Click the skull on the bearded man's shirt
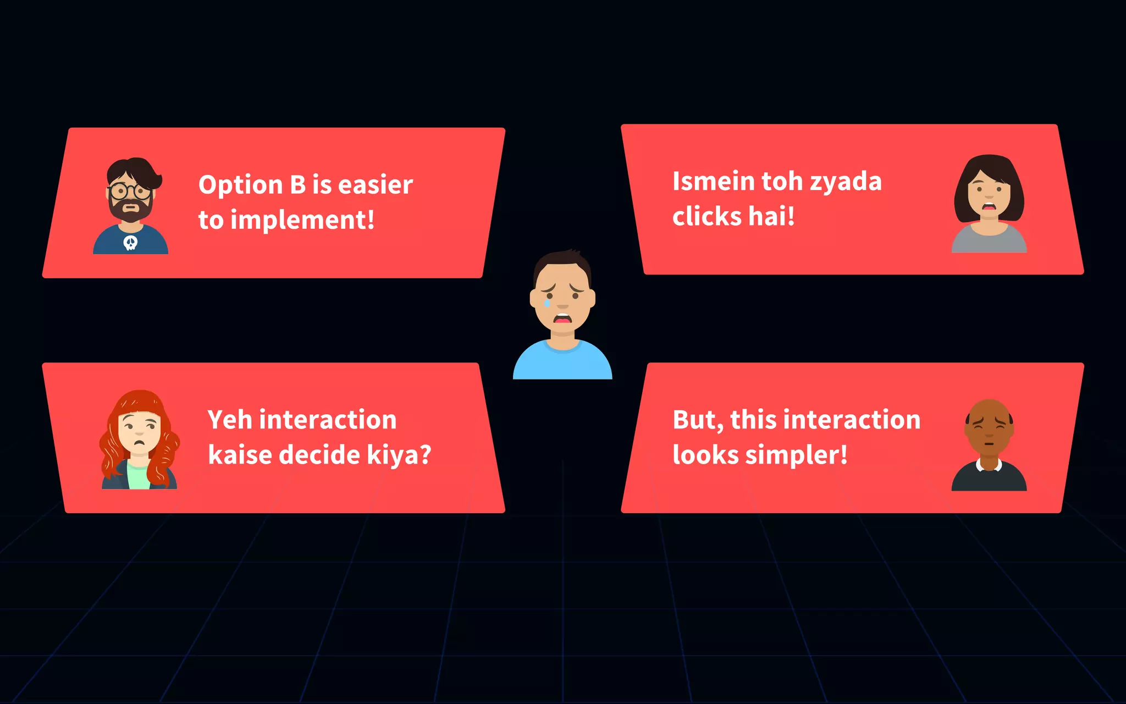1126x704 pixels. click(x=130, y=243)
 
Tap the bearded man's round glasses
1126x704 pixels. click(x=130, y=192)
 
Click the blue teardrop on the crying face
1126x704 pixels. click(x=547, y=302)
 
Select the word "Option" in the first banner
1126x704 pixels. click(x=240, y=185)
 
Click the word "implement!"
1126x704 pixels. click(x=302, y=220)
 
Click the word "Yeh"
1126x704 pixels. click(x=229, y=420)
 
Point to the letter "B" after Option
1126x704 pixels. click(x=297, y=185)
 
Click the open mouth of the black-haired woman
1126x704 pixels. click(x=989, y=207)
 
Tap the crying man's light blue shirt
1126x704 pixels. click(x=562, y=363)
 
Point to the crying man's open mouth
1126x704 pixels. click(x=562, y=318)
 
